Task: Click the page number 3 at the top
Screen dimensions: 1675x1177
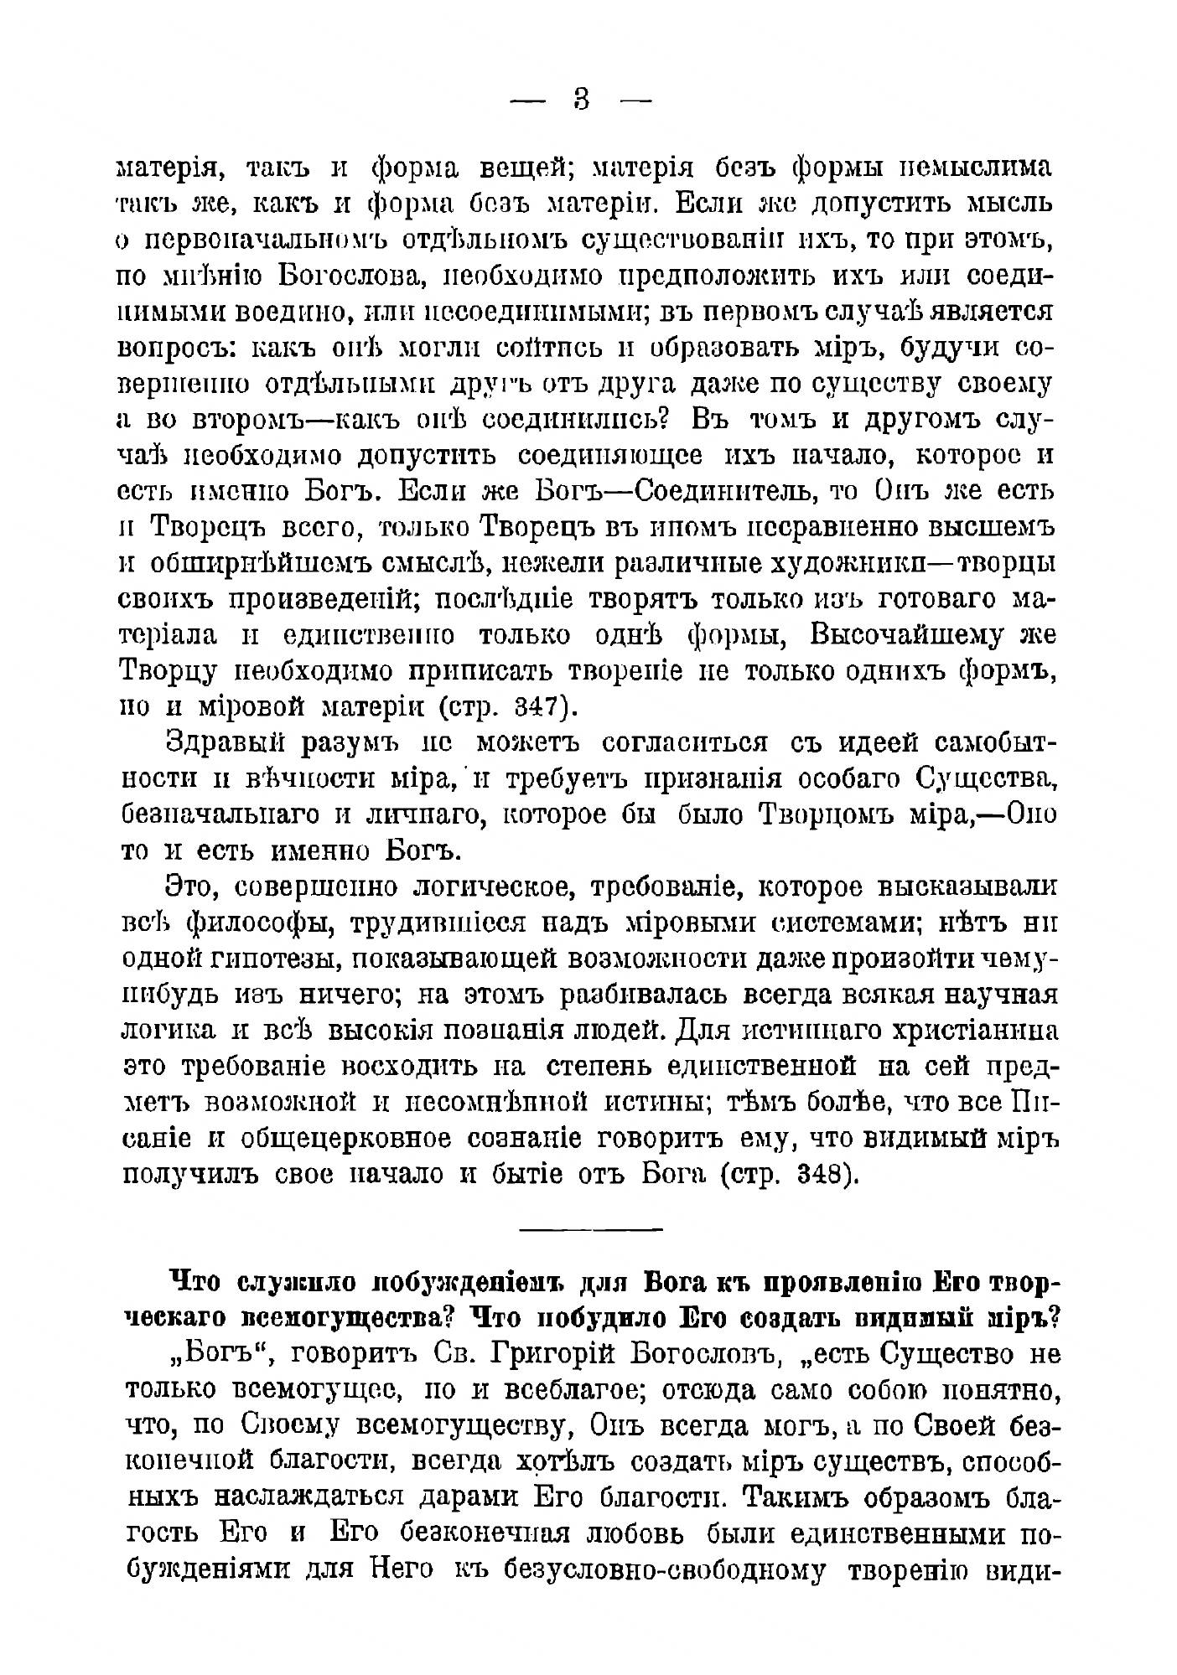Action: (x=582, y=100)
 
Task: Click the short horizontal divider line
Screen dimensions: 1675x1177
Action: (x=591, y=1230)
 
